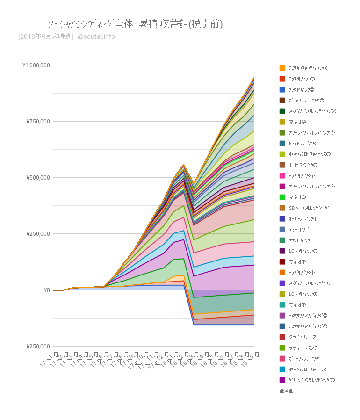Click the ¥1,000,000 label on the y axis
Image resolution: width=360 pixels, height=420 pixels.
pyautogui.click(x=36, y=65)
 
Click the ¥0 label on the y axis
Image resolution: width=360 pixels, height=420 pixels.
pyautogui.click(x=47, y=290)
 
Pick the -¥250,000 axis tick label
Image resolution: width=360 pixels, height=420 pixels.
pyautogui.click(x=36, y=347)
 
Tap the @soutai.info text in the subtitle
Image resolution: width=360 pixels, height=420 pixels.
pyautogui.click(x=96, y=37)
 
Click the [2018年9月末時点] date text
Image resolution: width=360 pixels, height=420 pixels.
pyautogui.click(x=45, y=37)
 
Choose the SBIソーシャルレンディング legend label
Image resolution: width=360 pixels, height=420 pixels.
pyautogui.click(x=309, y=208)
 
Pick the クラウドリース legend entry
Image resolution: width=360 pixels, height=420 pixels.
pyautogui.click(x=302, y=337)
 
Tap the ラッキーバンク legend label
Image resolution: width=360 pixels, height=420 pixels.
pyautogui.click(x=303, y=348)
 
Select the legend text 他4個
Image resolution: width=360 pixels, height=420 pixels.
pyautogui.click(x=286, y=391)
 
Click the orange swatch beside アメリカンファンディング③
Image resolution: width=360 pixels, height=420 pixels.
pyautogui.click(x=282, y=68)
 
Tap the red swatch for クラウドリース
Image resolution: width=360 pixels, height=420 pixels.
pyautogui.click(x=282, y=337)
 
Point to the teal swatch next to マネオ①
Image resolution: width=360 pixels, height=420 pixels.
pyautogui.click(x=282, y=305)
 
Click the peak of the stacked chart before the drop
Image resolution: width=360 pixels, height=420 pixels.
pyautogui.click(x=184, y=164)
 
